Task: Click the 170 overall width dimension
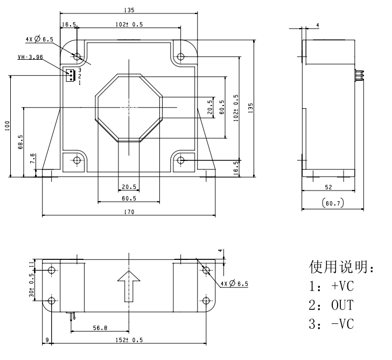point(128,213)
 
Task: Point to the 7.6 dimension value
point(32,159)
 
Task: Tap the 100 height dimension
point(7,126)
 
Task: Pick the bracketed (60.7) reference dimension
point(329,203)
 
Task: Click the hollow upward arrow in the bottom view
point(128,286)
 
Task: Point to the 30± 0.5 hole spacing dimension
point(31,286)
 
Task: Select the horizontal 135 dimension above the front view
point(128,9)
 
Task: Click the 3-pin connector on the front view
point(69,76)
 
